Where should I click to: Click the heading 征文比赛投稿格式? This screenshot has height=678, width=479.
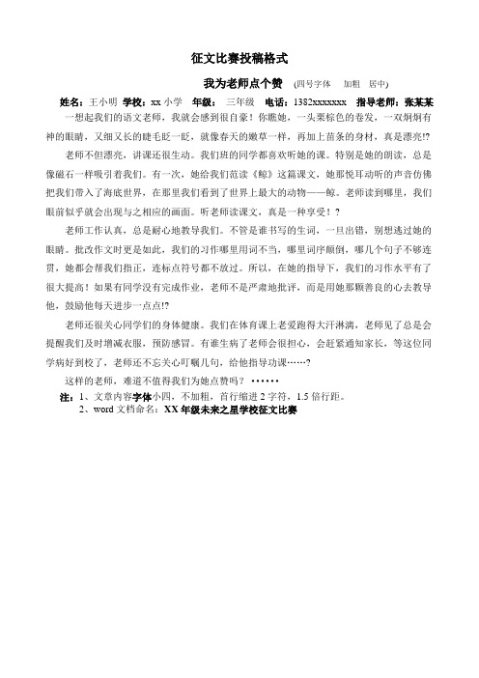point(240,59)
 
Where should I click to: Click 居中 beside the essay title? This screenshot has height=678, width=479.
point(379,84)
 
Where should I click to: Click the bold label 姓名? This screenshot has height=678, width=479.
point(70,99)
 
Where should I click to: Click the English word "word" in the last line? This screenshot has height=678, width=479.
point(106,410)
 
